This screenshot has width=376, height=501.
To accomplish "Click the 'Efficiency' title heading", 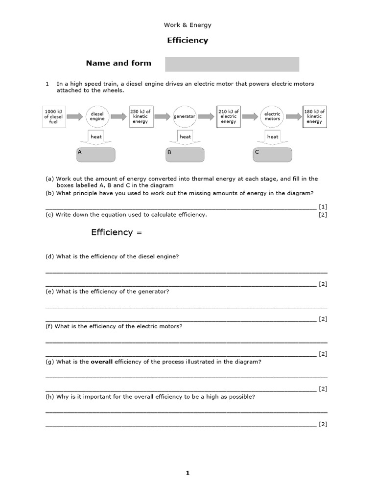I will coord(188,41).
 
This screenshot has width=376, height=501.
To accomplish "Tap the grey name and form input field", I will coord(232,64).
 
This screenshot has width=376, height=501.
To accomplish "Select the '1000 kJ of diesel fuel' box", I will coord(53,116).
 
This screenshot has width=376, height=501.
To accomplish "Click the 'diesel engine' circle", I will coord(96,116).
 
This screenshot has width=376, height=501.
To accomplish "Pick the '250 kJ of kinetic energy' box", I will coord(141,116).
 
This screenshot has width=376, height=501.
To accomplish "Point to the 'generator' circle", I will coord(185,116).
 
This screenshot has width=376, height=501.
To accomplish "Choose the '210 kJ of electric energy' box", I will coord(229,116).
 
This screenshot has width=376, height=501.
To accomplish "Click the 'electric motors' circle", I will coord(272,116).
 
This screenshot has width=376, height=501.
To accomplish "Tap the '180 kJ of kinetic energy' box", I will coord(314,116).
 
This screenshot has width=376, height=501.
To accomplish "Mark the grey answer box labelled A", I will coord(96,155).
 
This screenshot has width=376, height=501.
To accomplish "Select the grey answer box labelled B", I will coord(185,155).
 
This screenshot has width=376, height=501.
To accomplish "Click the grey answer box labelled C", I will coord(272,155).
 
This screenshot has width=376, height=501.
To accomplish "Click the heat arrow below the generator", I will coord(185,138).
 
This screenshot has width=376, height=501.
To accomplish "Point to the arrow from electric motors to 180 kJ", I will coord(294,116).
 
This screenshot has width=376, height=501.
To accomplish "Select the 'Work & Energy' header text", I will coord(188,25).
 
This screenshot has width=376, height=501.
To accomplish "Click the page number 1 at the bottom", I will coord(188,473).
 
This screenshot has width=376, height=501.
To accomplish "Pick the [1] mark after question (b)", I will coord(323,207).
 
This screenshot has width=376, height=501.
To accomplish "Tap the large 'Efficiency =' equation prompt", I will coord(116,232).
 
